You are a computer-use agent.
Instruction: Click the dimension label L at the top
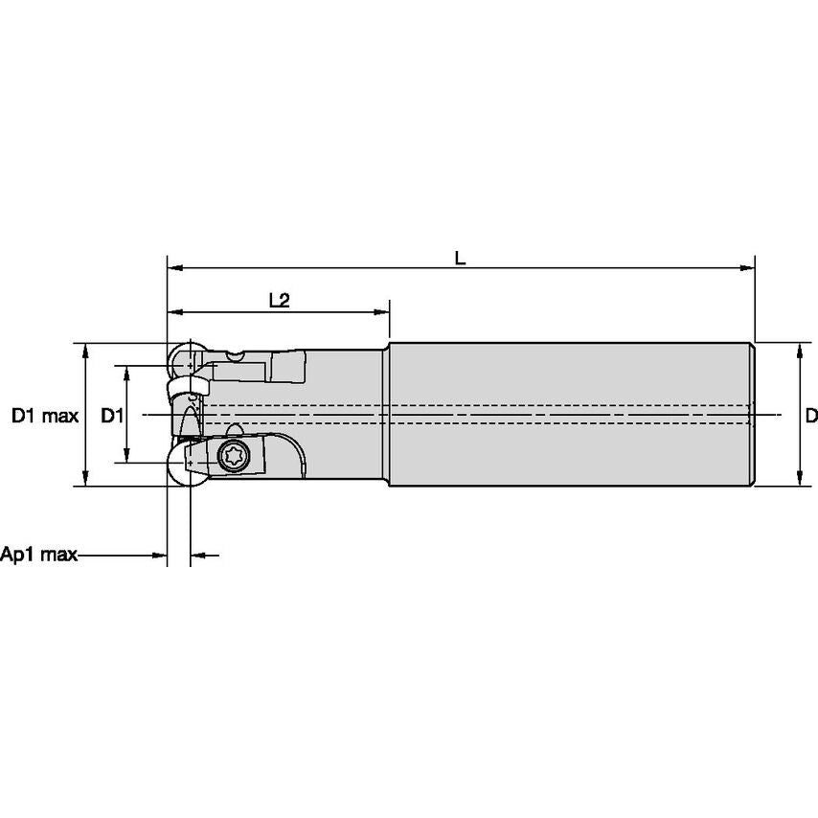pos(460,257)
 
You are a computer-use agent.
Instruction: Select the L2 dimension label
pos(279,300)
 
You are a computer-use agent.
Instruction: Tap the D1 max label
pos(45,416)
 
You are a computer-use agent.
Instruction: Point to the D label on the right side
pos(810,416)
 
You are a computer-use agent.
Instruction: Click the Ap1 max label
pos(38,555)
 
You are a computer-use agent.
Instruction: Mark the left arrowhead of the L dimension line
pos(174,268)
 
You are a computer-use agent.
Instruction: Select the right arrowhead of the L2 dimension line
pos(383,311)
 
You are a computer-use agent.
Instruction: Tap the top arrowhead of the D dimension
pos(800,350)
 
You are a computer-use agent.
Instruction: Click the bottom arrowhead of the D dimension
pos(800,479)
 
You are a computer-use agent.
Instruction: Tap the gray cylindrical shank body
pos(570,414)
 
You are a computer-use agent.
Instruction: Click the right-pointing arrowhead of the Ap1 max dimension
pos(160,555)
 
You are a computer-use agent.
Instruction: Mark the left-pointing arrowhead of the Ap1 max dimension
pos(198,555)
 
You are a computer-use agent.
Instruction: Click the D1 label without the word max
pos(112,416)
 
